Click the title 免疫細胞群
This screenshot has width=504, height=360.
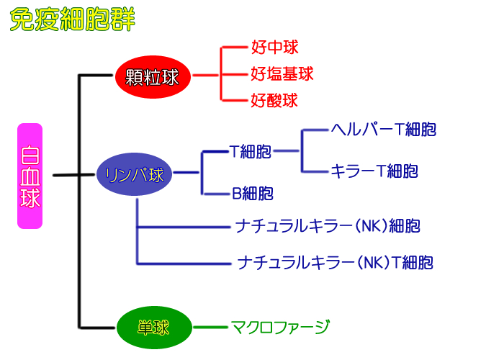pyautogui.click(x=73, y=19)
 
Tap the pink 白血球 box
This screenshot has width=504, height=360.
pyautogui.click(x=30, y=176)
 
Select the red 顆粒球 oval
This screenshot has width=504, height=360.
pyautogui.click(x=153, y=77)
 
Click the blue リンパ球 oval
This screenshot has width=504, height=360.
pyautogui.click(x=135, y=174)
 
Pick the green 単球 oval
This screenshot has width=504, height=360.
pyautogui.click(x=154, y=327)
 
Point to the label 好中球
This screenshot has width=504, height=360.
pyautogui.click(x=275, y=48)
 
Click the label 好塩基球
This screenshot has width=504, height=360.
pyautogui.click(x=282, y=74)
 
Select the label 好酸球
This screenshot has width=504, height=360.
pyautogui.click(x=274, y=100)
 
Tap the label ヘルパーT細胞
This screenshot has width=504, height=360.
pyautogui.click(x=384, y=130)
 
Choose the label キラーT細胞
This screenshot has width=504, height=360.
pyautogui.click(x=374, y=171)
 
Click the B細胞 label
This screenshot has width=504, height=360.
pyautogui.click(x=253, y=193)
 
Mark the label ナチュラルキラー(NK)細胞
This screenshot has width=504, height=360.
pyautogui.click(x=328, y=226)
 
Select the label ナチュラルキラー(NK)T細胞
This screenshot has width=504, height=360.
pyautogui.click(x=336, y=262)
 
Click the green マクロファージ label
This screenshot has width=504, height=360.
pyautogui.click(x=280, y=327)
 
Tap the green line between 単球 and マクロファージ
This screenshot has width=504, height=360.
pyautogui.click(x=210, y=327)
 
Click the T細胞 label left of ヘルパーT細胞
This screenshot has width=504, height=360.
pyautogui.click(x=251, y=151)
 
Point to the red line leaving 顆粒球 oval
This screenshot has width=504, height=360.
pyautogui.click(x=205, y=76)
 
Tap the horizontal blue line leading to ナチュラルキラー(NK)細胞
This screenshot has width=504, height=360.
pyautogui.click(x=184, y=228)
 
